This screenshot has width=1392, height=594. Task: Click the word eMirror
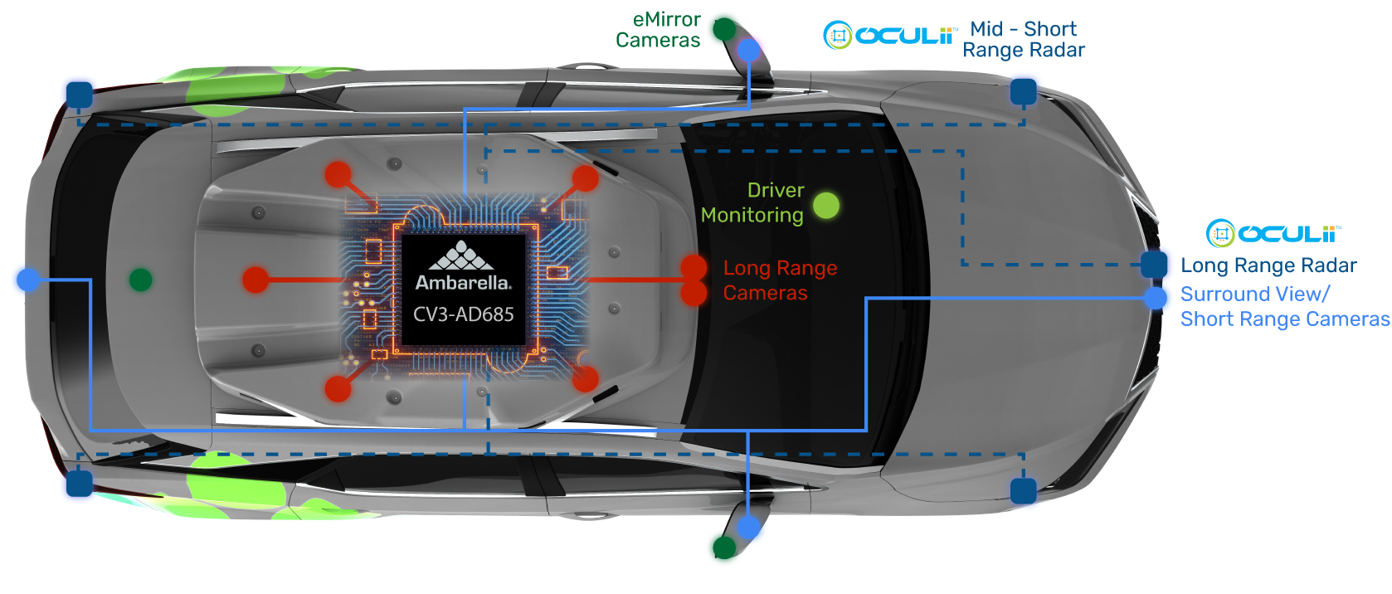666,19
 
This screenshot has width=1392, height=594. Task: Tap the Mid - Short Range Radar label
1024,40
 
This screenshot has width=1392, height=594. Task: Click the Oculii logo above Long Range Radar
1273,234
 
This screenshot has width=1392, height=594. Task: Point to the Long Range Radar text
1268,265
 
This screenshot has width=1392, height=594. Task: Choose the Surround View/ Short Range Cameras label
1284,306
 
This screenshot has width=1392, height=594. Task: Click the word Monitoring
752,216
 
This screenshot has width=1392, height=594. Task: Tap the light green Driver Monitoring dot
825,205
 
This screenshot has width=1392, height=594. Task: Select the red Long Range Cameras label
780,280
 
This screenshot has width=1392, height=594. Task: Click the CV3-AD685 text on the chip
464,314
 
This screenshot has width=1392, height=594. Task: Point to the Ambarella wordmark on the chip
463,283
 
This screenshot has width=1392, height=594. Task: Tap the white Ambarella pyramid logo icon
462,256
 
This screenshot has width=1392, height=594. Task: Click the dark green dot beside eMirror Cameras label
724,29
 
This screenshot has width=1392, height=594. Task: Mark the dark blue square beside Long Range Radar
1154,265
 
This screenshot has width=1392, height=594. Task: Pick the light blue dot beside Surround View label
1155,298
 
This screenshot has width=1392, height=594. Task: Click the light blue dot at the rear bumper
28,280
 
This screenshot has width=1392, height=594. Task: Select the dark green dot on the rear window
140,280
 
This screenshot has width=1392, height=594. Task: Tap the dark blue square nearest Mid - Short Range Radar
1023,91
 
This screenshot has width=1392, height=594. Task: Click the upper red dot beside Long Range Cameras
694,267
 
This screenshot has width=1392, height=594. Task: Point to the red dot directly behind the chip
256,280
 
